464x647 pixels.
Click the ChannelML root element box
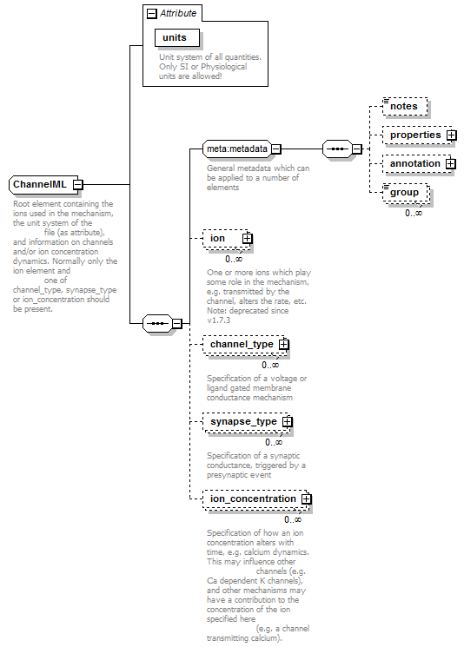(43, 184)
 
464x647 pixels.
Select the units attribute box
(177, 37)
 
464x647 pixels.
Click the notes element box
(405, 106)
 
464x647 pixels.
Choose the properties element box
(417, 135)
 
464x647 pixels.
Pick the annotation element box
(417, 164)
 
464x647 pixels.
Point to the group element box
(406, 193)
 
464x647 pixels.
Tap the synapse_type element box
(247, 422)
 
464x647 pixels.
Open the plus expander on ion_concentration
(307, 498)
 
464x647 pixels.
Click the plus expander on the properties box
(452, 135)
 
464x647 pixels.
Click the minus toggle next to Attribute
(152, 14)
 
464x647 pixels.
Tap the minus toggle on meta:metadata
(276, 149)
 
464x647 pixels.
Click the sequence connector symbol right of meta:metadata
(338, 149)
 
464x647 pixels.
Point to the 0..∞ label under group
(414, 213)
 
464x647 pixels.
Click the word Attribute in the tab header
(178, 13)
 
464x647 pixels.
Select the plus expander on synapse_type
(288, 422)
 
